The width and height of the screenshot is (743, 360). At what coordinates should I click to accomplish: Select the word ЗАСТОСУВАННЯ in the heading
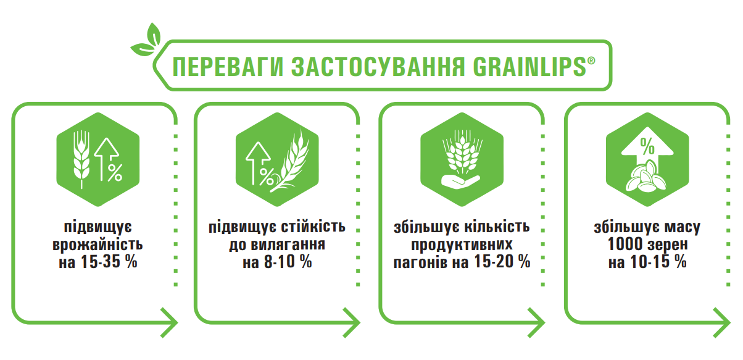pyautogui.click(x=369, y=67)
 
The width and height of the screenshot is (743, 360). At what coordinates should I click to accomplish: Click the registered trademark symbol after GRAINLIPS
pyautogui.click(x=591, y=61)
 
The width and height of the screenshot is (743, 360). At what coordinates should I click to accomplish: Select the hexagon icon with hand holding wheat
pyautogui.click(x=462, y=158)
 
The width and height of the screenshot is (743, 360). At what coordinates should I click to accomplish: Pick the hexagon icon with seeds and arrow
pyautogui.click(x=647, y=158)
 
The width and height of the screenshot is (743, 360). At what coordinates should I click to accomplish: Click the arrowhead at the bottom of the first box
pyautogui.click(x=171, y=322)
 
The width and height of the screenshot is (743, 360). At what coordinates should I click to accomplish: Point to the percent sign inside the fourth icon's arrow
pyautogui.click(x=647, y=146)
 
